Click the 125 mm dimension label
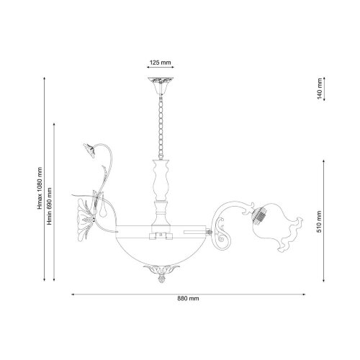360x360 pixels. point(161,63)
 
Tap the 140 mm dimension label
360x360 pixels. point(319,89)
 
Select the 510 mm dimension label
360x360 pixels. point(319,222)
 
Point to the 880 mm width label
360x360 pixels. point(188,299)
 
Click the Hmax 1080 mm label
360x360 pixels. point(40,188)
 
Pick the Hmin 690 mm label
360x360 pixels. point(50,207)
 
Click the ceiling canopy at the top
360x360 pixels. point(161,86)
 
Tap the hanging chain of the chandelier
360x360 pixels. point(161,127)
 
